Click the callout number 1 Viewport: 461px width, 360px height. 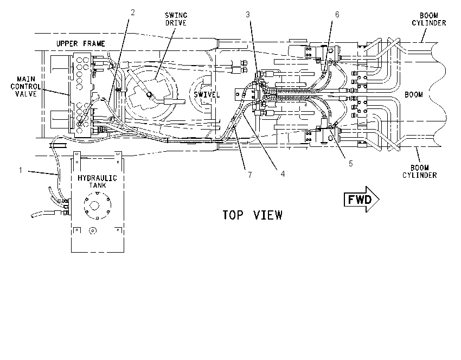[21, 170]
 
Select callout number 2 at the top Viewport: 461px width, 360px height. [132, 12]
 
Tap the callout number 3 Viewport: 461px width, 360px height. [248, 15]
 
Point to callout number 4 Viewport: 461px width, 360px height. [283, 174]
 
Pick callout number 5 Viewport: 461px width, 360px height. [350, 164]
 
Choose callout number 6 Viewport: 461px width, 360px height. [337, 15]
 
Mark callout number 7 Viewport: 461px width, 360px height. [250, 175]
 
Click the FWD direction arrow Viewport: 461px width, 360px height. [362, 200]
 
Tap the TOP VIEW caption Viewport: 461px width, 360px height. [252, 215]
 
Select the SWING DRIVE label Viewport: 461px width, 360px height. [176, 19]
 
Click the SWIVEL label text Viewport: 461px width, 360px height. [207, 95]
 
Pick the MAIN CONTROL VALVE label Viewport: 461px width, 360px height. [25, 86]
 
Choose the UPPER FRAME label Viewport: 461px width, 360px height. [81, 44]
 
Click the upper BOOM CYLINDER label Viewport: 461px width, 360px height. [428, 19]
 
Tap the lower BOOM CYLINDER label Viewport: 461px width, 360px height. [420, 172]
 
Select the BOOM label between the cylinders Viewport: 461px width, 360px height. [414, 95]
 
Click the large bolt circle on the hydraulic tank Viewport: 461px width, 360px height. [97, 205]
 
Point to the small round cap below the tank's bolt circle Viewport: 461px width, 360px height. [93, 231]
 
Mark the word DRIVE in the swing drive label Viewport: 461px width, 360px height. [176, 23]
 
